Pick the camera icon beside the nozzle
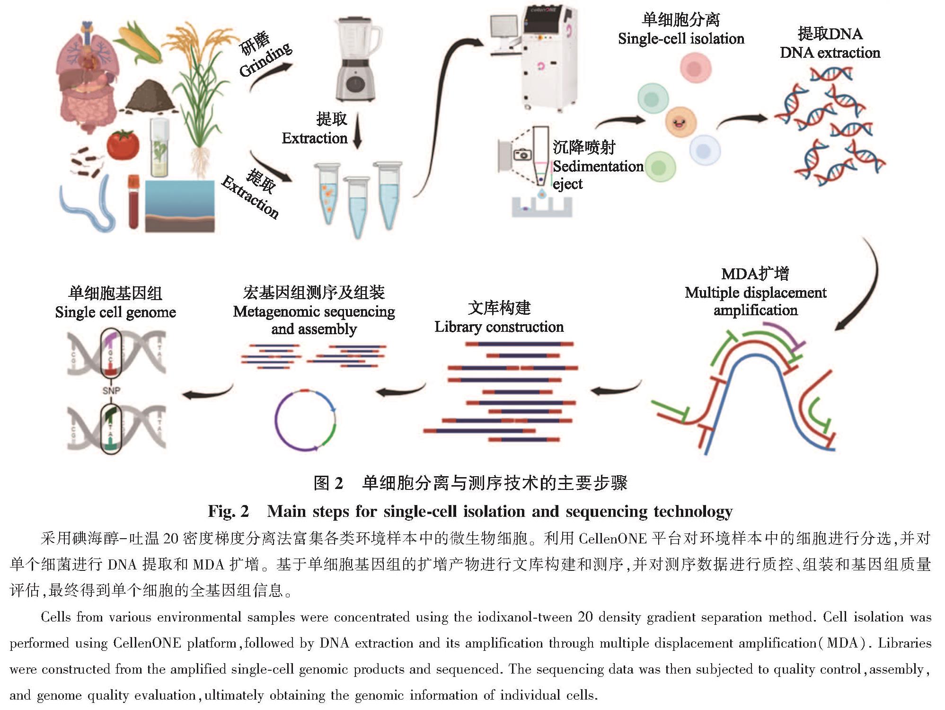click(522, 155)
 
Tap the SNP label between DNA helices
click(111, 390)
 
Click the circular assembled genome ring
click(305, 420)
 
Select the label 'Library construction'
click(499, 327)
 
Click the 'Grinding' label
click(265, 60)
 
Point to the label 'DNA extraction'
click(830, 53)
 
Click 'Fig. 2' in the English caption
click(228, 511)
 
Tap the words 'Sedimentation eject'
click(597, 175)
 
